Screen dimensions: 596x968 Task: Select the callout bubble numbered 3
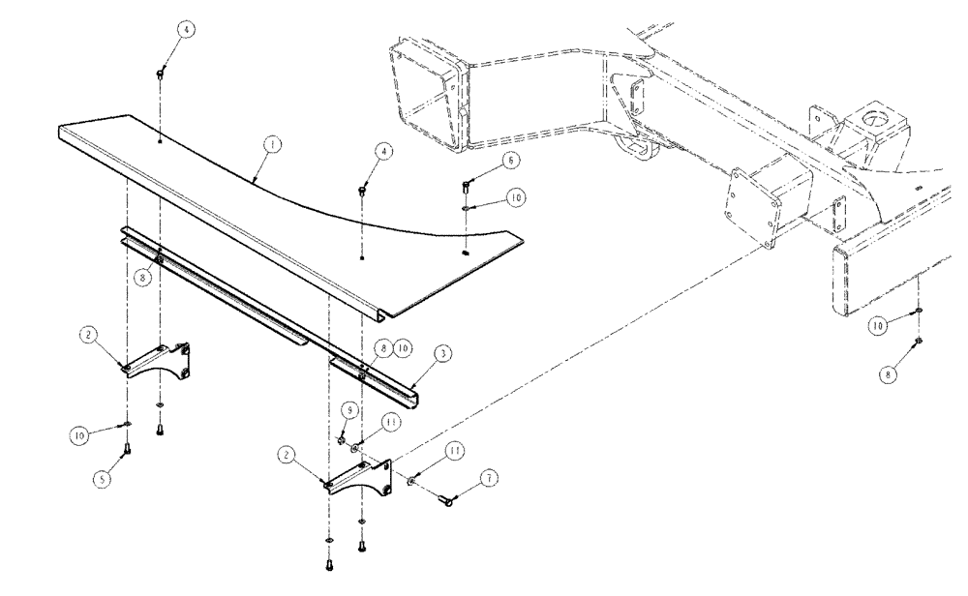(441, 356)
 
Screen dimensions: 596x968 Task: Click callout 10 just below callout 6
(516, 196)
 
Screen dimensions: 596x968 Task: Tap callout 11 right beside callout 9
(390, 422)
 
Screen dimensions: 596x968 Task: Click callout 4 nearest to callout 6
(385, 152)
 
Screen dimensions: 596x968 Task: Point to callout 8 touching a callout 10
(384, 345)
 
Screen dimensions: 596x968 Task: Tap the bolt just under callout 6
(467, 181)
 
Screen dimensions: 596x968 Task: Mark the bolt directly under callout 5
(129, 448)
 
